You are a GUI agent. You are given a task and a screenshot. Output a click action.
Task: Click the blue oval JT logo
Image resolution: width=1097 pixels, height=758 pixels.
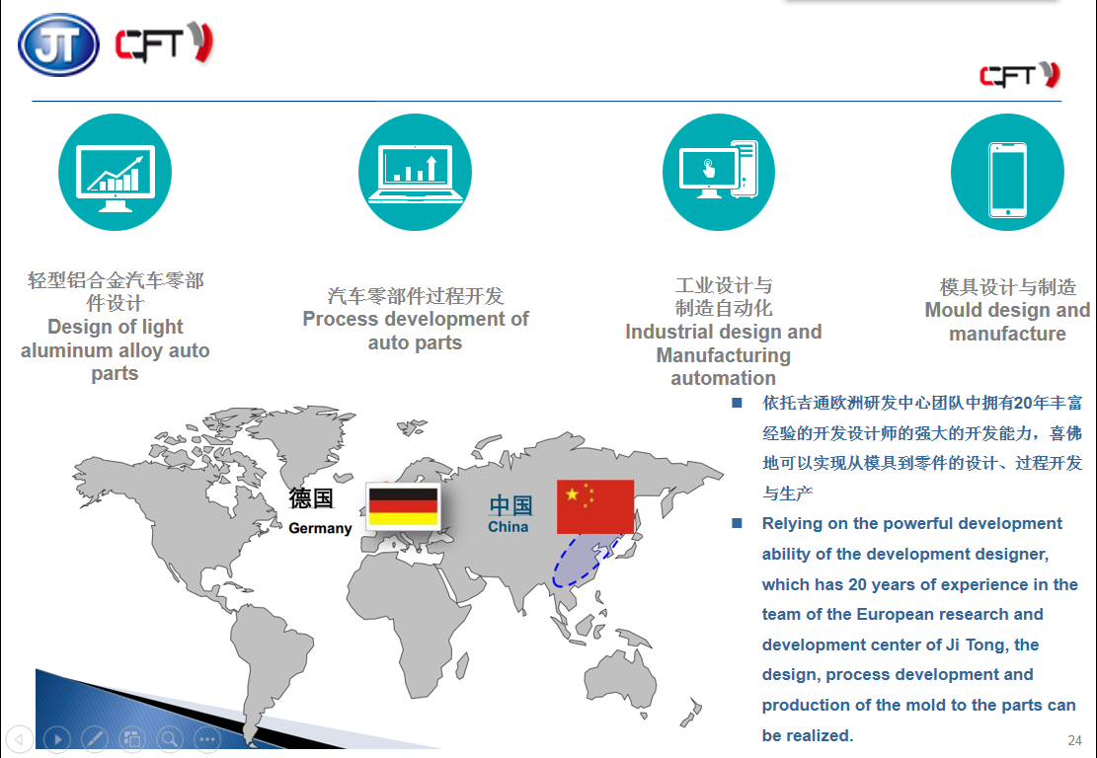[59, 44]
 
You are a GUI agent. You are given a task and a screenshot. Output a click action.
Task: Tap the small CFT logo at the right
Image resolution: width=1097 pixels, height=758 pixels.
[1020, 75]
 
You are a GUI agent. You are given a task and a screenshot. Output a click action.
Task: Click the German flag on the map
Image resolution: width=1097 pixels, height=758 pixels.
[403, 506]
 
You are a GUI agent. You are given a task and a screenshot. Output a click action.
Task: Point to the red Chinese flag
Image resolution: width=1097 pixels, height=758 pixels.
[595, 506]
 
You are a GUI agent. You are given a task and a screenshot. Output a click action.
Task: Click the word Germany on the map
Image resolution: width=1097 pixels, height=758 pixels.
[320, 528]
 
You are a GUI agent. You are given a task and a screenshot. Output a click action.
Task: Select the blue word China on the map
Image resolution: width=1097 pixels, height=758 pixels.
[508, 526]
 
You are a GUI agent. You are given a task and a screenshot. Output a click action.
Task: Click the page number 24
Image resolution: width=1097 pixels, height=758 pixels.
[1074, 740]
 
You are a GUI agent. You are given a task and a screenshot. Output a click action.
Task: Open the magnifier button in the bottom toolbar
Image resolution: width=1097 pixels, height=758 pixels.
[170, 738]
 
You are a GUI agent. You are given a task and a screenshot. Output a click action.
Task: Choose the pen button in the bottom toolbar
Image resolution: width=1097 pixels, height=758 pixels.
[95, 738]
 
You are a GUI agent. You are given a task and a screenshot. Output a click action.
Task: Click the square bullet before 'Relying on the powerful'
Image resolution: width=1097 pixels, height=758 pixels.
[737, 523]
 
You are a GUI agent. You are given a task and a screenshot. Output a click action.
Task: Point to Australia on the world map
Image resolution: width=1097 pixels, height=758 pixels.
[620, 678]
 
